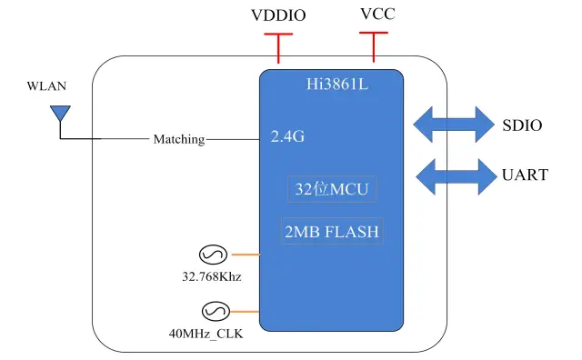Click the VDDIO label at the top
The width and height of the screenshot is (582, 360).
coord(278,15)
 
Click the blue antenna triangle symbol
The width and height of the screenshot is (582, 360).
coord(60,113)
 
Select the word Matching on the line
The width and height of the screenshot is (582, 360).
coord(178,139)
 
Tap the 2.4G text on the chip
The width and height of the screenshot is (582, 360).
coord(287,138)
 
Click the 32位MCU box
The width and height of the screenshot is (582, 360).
coord(331,190)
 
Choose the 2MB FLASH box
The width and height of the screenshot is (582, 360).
coord(331,232)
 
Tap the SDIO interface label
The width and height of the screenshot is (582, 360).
coord(521,125)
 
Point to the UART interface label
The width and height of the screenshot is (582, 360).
coord(525,175)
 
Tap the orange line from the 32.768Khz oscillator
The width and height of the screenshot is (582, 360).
coord(246,255)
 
